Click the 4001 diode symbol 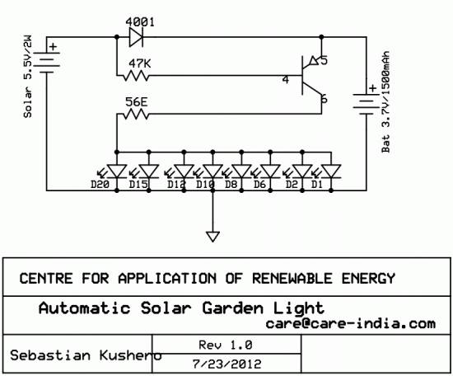click(x=136, y=37)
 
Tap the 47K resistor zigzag click(x=136, y=76)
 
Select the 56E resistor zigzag click(x=136, y=115)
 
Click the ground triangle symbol click(x=213, y=237)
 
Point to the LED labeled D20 click(x=117, y=172)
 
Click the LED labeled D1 click(x=331, y=172)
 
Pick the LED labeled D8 click(x=242, y=172)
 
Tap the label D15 click(x=138, y=184)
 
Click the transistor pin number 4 click(x=286, y=79)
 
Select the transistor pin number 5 click(x=325, y=60)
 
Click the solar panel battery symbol click(x=47, y=59)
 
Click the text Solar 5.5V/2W click(x=28, y=77)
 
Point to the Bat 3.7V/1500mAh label click(x=385, y=101)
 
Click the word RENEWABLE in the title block click(x=292, y=278)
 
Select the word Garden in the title click(x=232, y=308)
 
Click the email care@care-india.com click(x=350, y=323)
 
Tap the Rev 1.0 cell click(x=226, y=345)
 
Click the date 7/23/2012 click(x=226, y=364)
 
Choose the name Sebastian click(x=50, y=355)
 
